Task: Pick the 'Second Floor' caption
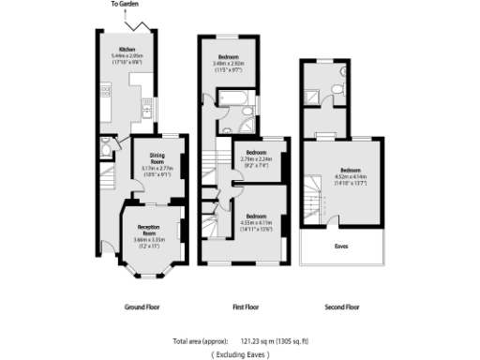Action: click(341, 307)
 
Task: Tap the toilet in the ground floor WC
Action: click(106, 150)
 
